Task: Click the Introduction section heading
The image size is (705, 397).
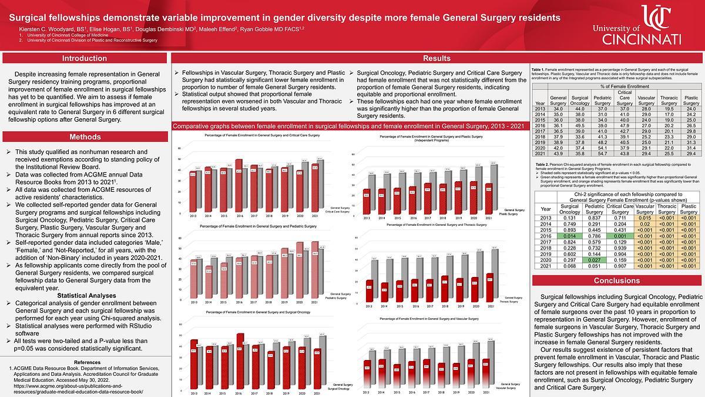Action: pyautogui.click(x=84, y=58)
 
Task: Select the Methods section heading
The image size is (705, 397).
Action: pyautogui.click(x=84, y=137)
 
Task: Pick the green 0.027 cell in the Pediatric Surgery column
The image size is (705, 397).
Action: pyautogui.click(x=594, y=259)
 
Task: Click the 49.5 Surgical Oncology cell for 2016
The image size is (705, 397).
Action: pyautogui.click(x=579, y=125)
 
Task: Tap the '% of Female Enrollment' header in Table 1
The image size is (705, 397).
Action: pyautogui.click(x=616, y=86)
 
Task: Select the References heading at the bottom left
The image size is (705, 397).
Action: pyautogui.click(x=83, y=362)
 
